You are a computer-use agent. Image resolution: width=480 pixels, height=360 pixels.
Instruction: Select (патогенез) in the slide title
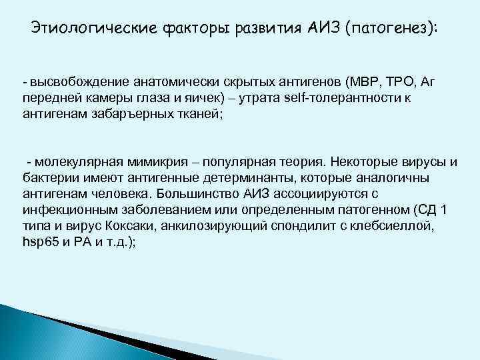393,28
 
